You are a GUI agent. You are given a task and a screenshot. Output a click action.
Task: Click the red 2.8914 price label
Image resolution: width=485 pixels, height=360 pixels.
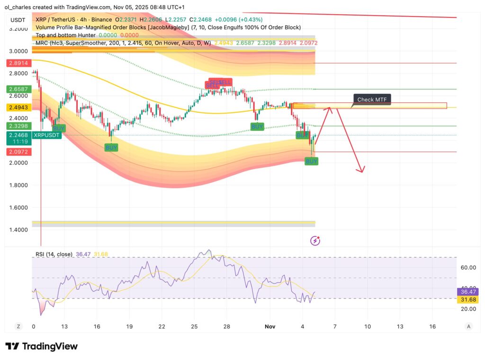[x=18, y=63]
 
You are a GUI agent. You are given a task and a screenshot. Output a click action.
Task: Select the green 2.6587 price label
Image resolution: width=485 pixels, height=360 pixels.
[x=18, y=89]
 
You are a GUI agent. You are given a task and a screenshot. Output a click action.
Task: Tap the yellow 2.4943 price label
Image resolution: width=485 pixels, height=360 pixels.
[x=18, y=108]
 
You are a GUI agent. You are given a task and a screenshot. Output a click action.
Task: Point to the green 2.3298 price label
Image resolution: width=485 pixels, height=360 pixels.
[x=18, y=126]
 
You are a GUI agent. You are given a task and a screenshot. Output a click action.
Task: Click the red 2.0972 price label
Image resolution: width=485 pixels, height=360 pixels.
[x=18, y=152]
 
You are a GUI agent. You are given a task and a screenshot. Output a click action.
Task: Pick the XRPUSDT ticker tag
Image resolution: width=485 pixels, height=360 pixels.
[x=46, y=135]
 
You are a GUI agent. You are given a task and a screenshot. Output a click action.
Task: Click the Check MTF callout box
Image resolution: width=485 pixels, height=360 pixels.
[x=372, y=99]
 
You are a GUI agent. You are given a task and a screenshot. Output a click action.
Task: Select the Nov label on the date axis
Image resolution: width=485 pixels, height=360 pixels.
[x=270, y=326]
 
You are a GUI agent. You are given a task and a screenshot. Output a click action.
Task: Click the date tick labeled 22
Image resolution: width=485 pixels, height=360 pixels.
[x=162, y=326]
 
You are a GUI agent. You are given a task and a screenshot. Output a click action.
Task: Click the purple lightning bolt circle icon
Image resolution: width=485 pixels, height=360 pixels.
[x=315, y=241]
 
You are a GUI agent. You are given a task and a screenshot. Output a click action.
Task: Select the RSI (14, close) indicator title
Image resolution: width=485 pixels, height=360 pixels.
[x=54, y=254]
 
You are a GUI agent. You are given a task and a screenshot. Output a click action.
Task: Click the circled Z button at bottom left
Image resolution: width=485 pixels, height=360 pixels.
[x=18, y=326]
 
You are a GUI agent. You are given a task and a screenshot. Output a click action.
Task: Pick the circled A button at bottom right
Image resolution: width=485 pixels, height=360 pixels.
[x=468, y=326]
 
